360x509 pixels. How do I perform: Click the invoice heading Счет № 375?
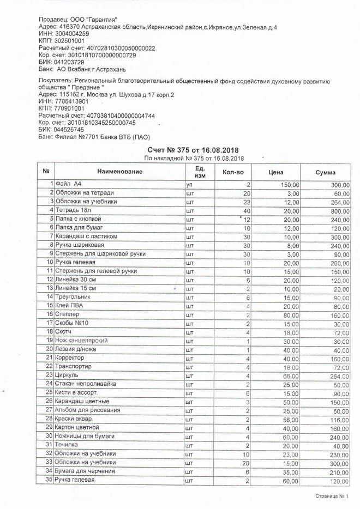tap(193, 150)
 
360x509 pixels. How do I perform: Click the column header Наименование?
tap(119, 172)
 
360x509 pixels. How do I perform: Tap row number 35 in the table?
tap(49, 480)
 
